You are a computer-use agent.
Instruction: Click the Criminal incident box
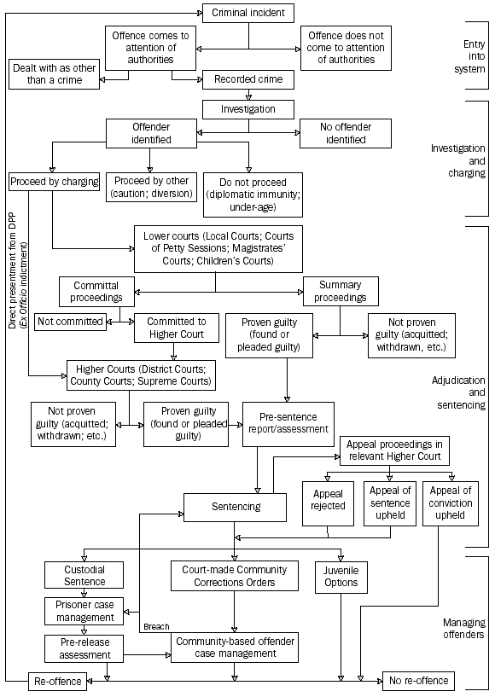point(248,13)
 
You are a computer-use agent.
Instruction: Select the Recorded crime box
point(248,80)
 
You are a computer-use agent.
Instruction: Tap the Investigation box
point(248,109)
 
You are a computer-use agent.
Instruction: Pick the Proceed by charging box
point(54,182)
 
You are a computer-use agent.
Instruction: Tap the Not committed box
point(69,322)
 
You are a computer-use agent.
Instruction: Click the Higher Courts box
point(141,375)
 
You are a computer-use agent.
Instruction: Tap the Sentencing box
point(235,506)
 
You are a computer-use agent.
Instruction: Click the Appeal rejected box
point(328,500)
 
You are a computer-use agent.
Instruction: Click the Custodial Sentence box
point(85,575)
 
